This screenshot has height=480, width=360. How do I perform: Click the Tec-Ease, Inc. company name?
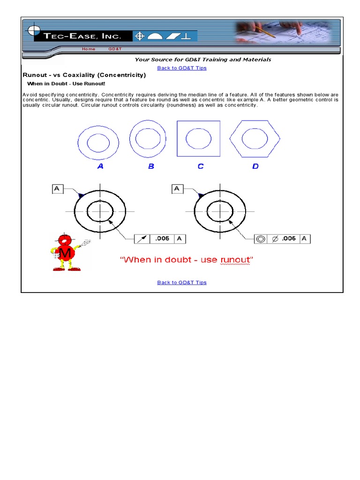pos(82,36)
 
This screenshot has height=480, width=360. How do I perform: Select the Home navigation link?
pos(88,49)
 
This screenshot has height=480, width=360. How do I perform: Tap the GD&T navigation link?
pos(115,49)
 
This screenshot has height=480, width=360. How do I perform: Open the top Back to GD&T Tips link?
pos(182,68)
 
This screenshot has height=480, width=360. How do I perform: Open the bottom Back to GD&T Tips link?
pos(182,282)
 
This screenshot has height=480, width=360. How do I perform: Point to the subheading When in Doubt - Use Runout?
pos(66,84)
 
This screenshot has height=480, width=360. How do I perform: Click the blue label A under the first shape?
pos(100,166)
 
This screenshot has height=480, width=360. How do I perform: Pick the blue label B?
pos(151,166)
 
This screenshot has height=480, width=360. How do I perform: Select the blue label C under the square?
pos(201,166)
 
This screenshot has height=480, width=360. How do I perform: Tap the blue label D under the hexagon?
pos(255,166)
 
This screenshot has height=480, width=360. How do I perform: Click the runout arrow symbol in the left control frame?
pos(141,239)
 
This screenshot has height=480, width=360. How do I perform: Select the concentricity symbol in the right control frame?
pos(261,239)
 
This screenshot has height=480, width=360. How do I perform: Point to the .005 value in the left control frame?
pos(162,239)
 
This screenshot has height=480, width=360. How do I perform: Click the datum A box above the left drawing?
pos(57,189)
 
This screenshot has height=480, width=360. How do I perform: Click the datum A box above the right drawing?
pos(177,189)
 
